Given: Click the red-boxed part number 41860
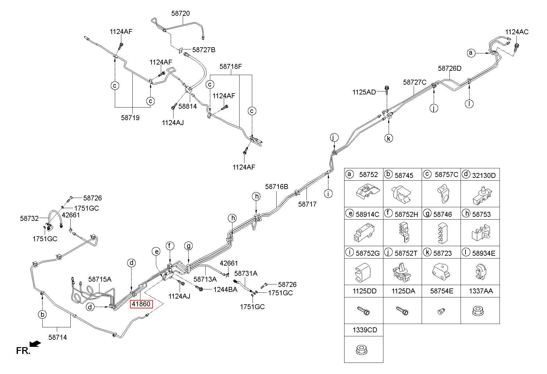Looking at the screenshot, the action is pos(141,304).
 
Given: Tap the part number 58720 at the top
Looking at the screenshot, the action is pos(181,14).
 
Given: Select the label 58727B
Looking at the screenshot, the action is pos(204,50).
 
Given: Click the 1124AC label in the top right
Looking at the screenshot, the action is pos(517,32).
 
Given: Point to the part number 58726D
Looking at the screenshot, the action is pos(449,68).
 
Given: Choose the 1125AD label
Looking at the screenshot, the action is pos(364,92).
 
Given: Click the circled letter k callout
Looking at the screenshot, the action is pos(389,138).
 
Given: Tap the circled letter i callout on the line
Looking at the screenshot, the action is pos(328,194).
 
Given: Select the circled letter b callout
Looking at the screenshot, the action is pos(42,315).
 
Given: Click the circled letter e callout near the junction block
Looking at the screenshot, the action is pos(157,252).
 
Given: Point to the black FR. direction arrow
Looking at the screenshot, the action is pos(35,344).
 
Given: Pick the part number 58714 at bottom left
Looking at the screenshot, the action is pos(57,338).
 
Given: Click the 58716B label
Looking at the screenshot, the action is pos(277,187).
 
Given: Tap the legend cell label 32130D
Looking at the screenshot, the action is pos(484,175).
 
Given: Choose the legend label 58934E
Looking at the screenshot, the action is pos(484,253).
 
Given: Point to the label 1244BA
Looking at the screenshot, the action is pos(225,289).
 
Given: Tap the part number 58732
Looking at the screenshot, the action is pos(29,218).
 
